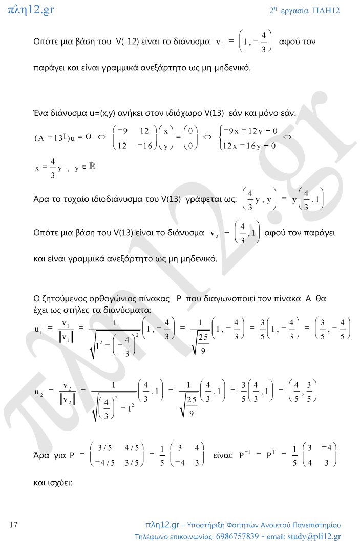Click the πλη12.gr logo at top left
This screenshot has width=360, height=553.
pos(31,9)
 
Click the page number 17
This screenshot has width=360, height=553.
pos(14,525)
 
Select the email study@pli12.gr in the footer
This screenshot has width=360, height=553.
pos(314,537)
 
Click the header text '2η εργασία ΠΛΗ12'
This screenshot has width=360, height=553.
pos(304,10)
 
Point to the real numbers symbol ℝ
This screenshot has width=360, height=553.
pos(93,168)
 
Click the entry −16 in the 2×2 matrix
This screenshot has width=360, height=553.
pos(145,146)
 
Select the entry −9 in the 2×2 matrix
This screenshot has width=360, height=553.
pos(122,131)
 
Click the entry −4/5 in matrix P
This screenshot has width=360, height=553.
pos(104,462)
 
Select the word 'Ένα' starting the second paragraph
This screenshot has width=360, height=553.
pos(41,112)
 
